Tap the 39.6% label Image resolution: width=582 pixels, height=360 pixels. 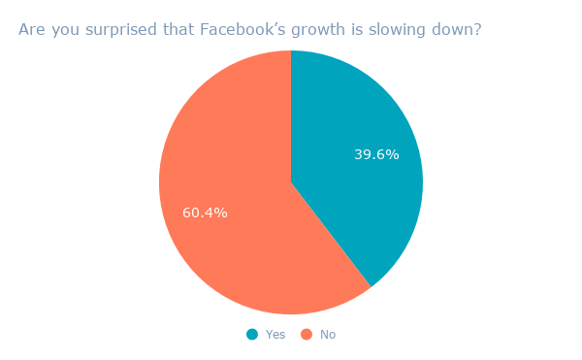click(x=376, y=154)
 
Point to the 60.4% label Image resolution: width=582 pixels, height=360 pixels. click(x=205, y=213)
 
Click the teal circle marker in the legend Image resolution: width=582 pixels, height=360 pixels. click(x=252, y=334)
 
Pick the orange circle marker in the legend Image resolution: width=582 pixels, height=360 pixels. click(x=307, y=334)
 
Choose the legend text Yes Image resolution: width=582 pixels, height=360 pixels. click(x=275, y=335)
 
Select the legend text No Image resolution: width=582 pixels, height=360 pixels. click(x=328, y=335)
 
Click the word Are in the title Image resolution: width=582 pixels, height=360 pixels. click(x=31, y=30)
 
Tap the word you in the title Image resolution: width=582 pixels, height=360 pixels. click(x=63, y=30)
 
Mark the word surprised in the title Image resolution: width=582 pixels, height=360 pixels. click(x=118, y=30)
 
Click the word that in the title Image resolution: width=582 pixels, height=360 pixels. click(x=178, y=30)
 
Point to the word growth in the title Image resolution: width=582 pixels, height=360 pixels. click(x=313, y=30)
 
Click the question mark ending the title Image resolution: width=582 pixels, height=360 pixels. click(x=477, y=30)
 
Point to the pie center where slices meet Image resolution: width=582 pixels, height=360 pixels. click(x=291, y=182)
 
